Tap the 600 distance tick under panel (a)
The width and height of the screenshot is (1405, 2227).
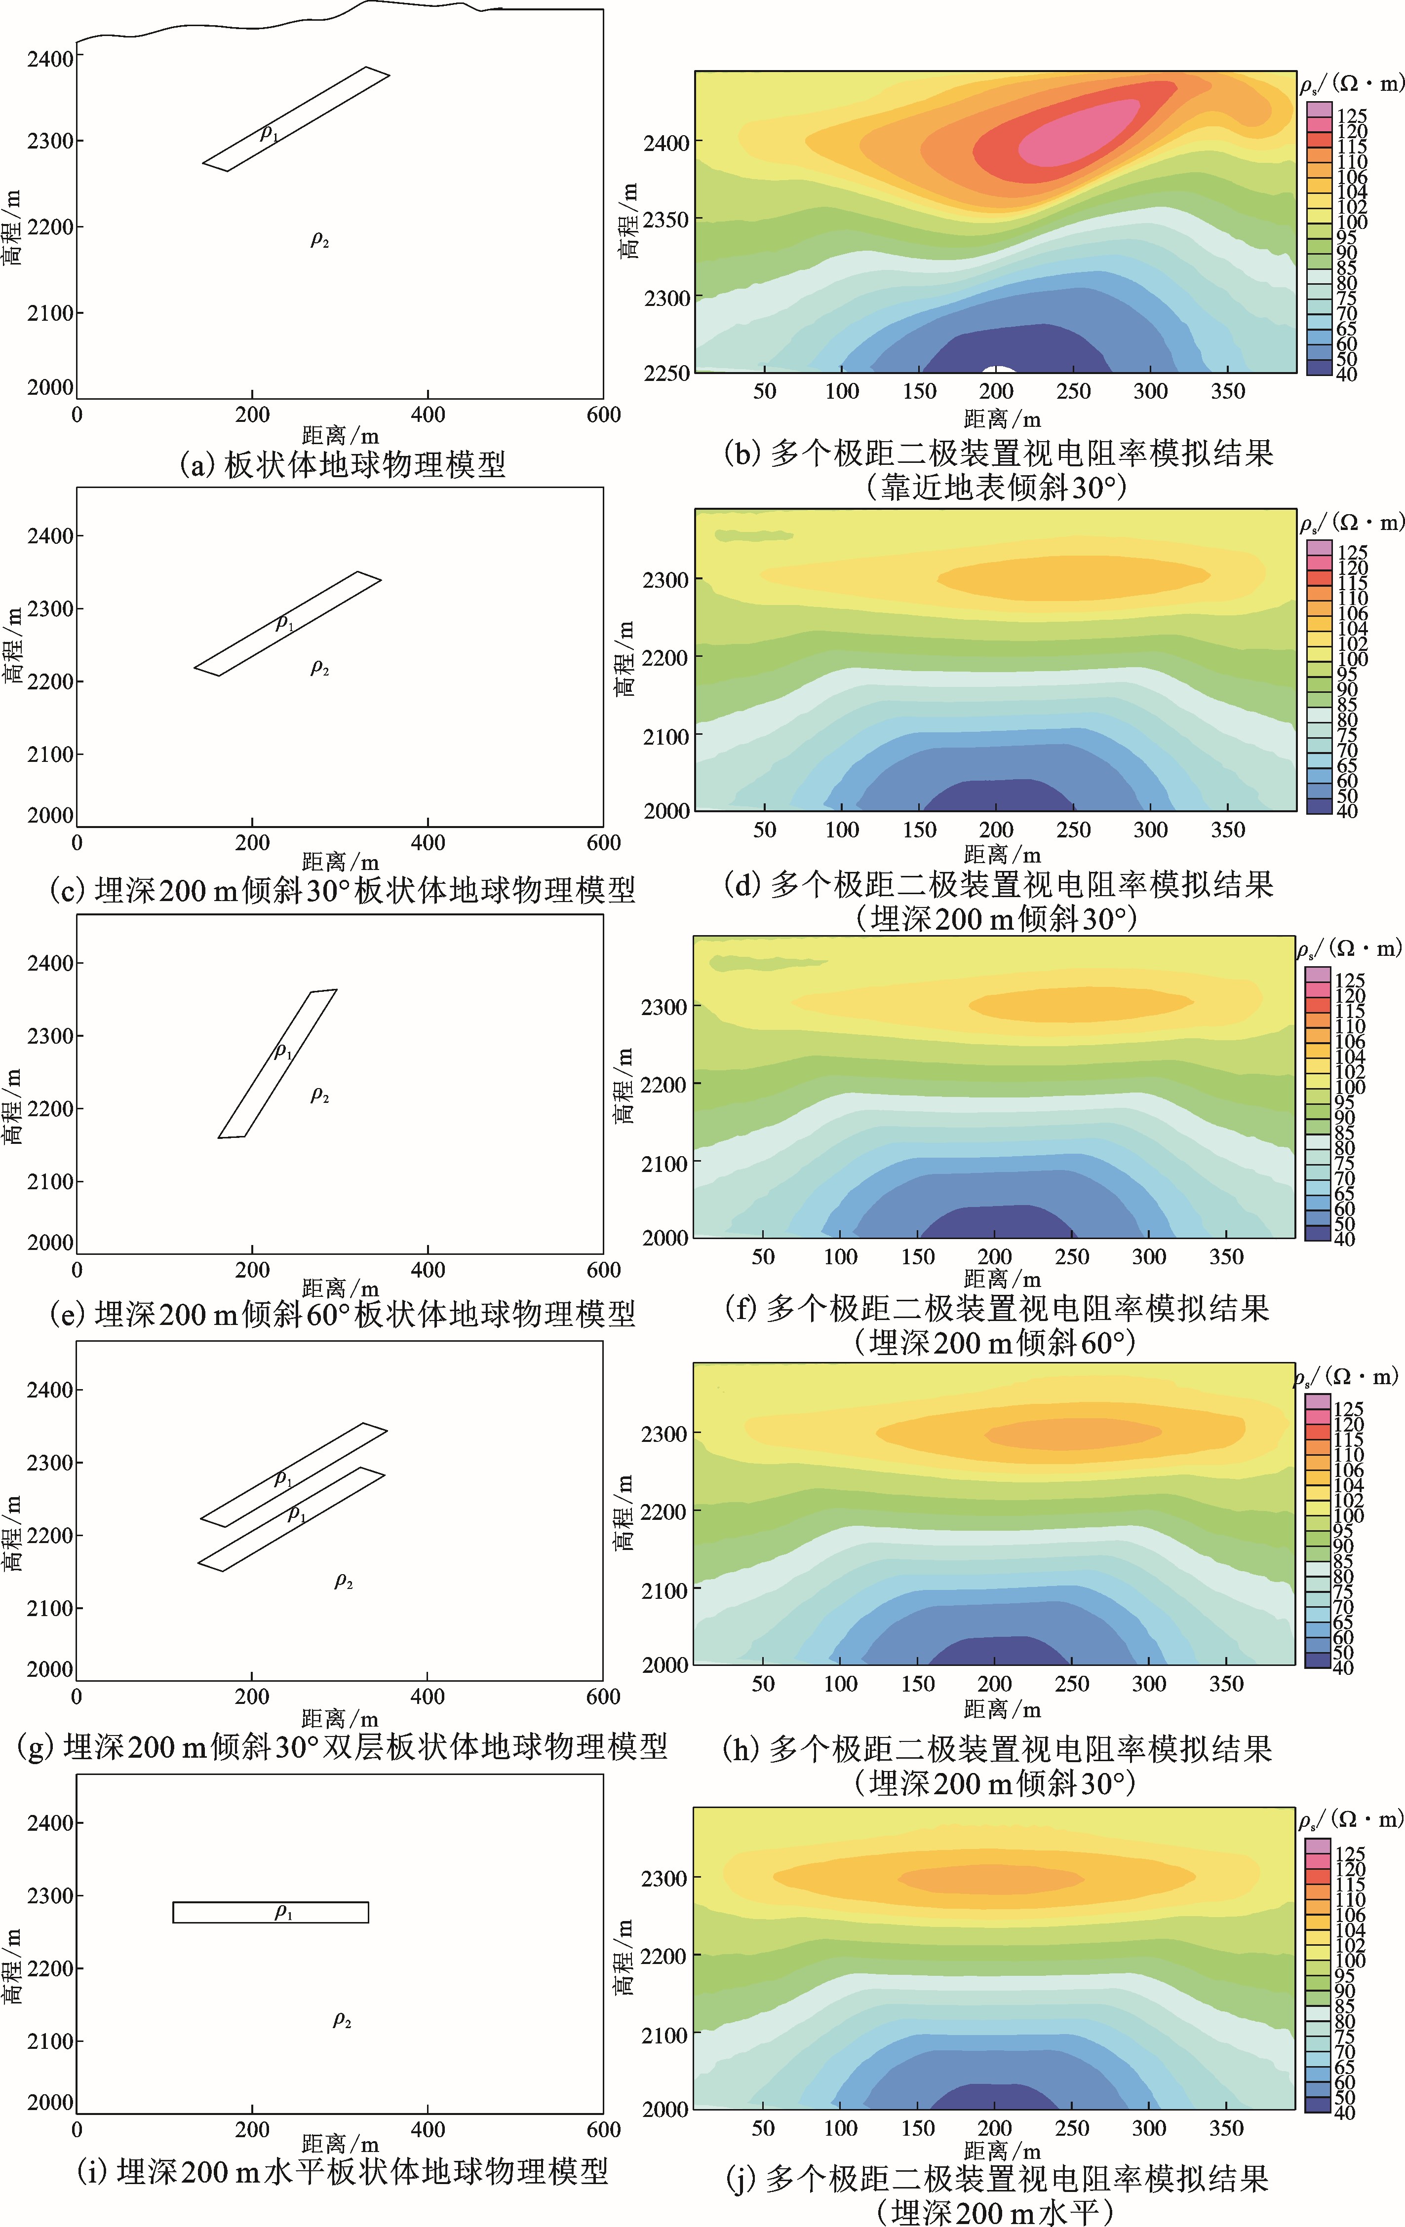coord(603,415)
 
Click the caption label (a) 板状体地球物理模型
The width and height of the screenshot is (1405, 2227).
coord(342,463)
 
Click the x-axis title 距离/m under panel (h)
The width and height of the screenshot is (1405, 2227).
coord(1002,1708)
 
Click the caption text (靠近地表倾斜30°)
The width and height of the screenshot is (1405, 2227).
coord(998,488)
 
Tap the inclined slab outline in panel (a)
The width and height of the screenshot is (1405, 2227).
coord(296,118)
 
